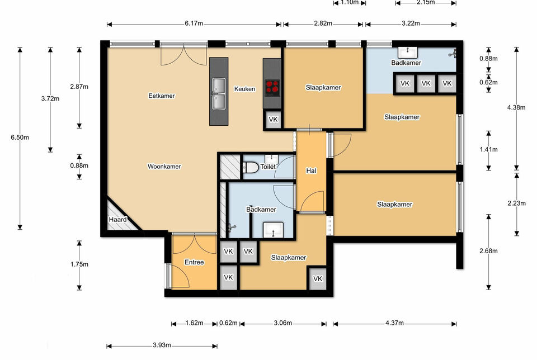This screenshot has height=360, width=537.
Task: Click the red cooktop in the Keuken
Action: pos(272,87)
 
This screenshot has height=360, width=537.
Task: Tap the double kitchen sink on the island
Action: pos(219,93)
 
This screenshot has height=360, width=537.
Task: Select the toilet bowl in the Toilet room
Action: pos(251,167)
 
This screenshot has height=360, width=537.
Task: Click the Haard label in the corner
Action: pos(118,219)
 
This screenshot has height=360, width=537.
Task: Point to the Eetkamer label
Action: pos(162,96)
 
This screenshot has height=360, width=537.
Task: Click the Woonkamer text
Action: pos(164,167)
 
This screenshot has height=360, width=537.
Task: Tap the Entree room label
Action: pos(194,262)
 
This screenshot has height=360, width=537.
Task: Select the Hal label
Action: pos(311,170)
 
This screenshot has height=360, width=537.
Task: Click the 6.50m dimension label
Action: pos(20,138)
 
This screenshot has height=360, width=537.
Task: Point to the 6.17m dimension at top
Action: pos(194,23)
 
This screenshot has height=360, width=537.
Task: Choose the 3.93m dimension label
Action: pos(162,345)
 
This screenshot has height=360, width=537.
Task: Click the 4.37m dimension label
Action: pos(394,323)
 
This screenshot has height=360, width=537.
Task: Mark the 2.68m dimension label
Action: pos(489,251)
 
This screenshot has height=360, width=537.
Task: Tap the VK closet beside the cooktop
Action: pos(273,120)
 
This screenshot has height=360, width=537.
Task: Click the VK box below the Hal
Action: pos(318,278)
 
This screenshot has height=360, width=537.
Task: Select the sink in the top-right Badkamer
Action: pos(408,53)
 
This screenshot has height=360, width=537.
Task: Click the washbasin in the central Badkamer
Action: pos(273,230)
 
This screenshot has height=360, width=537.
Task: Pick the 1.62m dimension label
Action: pos(194,323)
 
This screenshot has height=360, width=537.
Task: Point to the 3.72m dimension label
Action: pos(50,98)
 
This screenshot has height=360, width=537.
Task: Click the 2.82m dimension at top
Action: pos(323,23)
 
